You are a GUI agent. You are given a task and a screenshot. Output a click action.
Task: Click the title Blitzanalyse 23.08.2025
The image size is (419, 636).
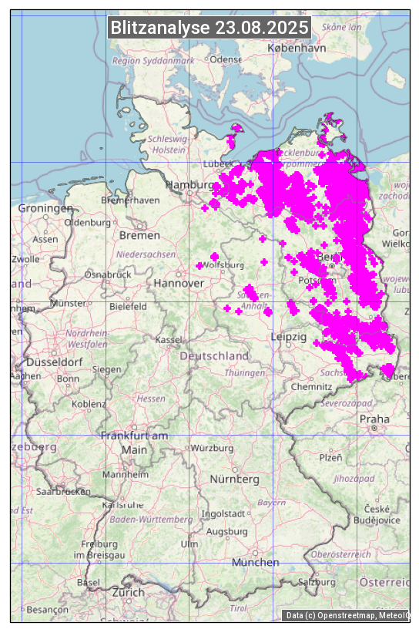pos(209,28)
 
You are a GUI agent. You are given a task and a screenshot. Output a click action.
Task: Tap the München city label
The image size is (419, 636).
pos(255,562)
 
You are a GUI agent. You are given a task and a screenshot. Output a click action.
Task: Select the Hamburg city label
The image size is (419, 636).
pos(189,186)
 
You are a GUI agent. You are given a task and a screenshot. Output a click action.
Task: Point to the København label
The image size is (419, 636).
pos(297,48)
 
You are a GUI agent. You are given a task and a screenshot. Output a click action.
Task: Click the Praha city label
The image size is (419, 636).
pos(374,419)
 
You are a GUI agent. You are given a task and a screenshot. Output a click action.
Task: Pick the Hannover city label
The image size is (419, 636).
pos(179,284)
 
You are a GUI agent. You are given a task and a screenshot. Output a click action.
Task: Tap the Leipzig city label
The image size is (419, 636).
pos(289,338)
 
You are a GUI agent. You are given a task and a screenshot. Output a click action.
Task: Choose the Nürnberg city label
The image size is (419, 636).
pos(235,480)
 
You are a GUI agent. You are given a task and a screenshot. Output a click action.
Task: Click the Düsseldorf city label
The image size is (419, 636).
pos(55,362)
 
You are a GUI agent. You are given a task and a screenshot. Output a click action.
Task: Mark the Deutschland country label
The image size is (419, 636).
pos(214,356)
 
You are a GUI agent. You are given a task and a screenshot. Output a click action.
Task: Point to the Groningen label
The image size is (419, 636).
pos(45,208)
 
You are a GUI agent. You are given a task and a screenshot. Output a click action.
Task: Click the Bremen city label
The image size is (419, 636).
pos(139,235)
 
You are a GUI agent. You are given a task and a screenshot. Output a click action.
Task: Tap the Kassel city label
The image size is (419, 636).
pos(168,340)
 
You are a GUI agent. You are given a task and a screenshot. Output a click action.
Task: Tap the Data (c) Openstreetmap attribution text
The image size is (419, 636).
pos(347,615)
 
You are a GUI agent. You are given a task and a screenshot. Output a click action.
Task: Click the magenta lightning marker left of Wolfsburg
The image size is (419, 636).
pos(199,266)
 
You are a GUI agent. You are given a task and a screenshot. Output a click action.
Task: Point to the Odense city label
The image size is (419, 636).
pos(226,59)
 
